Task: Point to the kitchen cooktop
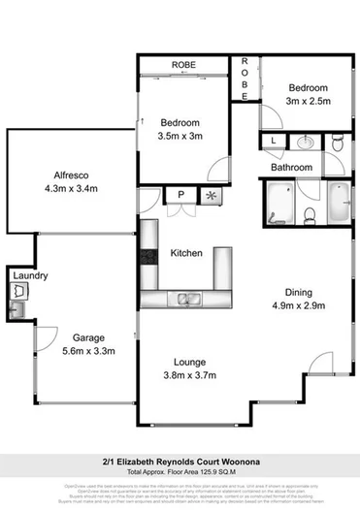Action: [147, 259]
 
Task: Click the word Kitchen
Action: [185, 253]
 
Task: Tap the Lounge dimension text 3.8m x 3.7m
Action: [190, 374]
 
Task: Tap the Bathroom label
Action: [291, 167]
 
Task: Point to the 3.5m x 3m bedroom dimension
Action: [181, 137]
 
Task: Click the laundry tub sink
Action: [16, 309]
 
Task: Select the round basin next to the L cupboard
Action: [305, 143]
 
